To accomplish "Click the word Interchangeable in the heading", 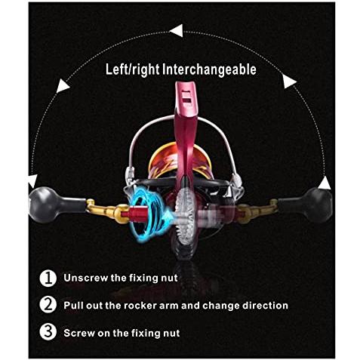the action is tap(209, 69).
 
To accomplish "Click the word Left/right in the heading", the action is tap(133, 69).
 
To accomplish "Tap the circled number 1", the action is tap(48, 278).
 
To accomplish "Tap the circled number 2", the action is tap(48, 305).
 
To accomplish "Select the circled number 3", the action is tap(48, 332).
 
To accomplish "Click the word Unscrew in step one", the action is tap(85, 278).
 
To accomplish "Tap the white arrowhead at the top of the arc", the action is tap(177, 31).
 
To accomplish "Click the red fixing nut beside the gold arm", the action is tap(138, 214).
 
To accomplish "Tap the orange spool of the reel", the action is tap(166, 161).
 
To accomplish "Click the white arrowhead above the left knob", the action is tap(32, 180).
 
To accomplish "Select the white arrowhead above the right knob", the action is tap(325, 183).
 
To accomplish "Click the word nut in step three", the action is tap(171, 333).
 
